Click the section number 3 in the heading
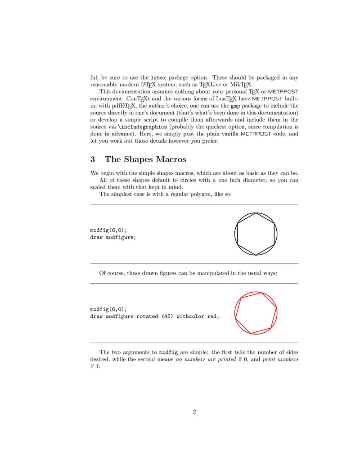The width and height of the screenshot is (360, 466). click(x=93, y=159)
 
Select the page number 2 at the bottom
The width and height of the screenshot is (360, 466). click(x=194, y=411)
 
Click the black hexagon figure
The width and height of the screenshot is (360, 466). click(x=256, y=234)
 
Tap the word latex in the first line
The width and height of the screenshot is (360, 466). click(x=158, y=77)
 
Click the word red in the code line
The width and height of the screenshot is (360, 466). click(x=213, y=316)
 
